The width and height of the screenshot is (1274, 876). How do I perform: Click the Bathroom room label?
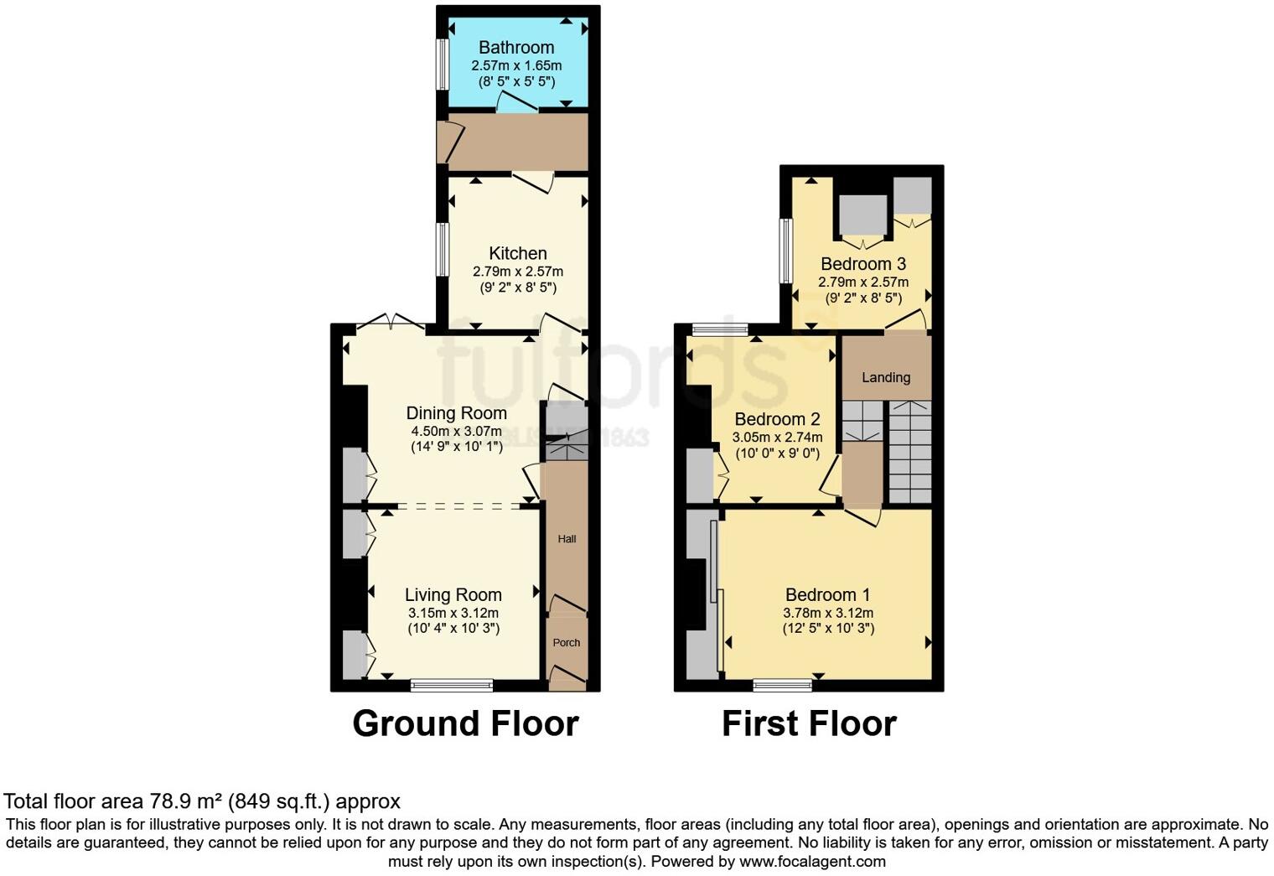[516, 48]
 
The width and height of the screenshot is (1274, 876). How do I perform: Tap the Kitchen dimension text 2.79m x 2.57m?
[518, 272]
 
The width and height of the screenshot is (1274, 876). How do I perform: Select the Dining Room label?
[456, 413]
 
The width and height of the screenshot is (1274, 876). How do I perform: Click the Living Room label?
[453, 595]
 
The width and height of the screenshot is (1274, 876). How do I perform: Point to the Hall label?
[567, 539]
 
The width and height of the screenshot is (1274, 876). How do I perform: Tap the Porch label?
[567, 643]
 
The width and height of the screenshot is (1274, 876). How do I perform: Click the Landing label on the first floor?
[886, 377]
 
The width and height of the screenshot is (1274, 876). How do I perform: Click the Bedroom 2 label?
[777, 419]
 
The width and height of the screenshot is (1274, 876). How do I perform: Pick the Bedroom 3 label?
[863, 264]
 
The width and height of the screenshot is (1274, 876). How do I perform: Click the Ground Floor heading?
[465, 723]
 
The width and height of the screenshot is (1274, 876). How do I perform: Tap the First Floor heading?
[809, 723]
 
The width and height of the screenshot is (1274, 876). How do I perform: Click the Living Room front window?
[452, 685]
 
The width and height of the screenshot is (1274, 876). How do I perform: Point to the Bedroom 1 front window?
[782, 685]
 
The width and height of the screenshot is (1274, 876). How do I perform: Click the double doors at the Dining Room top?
[390, 323]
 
